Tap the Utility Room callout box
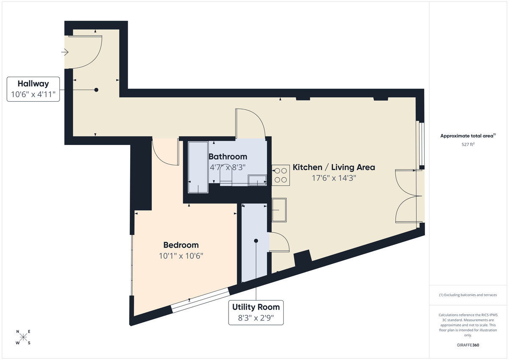[x=256, y=313]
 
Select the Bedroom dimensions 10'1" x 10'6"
[x=181, y=256]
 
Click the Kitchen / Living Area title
[x=334, y=167]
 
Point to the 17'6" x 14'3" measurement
[x=334, y=178]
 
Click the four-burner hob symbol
[x=280, y=175]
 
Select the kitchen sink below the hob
[x=279, y=210]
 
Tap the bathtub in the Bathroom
[x=198, y=167]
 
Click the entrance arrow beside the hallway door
[x=65, y=52]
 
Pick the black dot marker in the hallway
[x=96, y=90]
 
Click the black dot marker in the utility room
[x=256, y=241]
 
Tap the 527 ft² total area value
[x=468, y=144]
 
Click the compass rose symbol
[x=23, y=338]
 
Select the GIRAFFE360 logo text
[x=468, y=345]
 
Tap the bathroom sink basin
[x=257, y=180]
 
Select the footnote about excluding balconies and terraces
[x=468, y=295]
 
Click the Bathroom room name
[x=228, y=156]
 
